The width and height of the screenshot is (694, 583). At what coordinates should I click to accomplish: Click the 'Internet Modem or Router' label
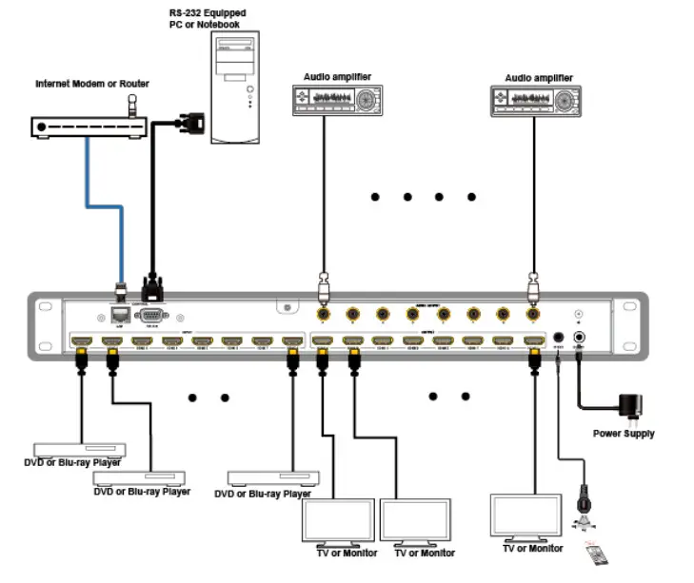tap(92, 85)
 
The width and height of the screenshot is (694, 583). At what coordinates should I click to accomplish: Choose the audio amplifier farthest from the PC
tap(535, 99)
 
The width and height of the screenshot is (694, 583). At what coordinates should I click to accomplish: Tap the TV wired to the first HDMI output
tap(337, 521)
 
